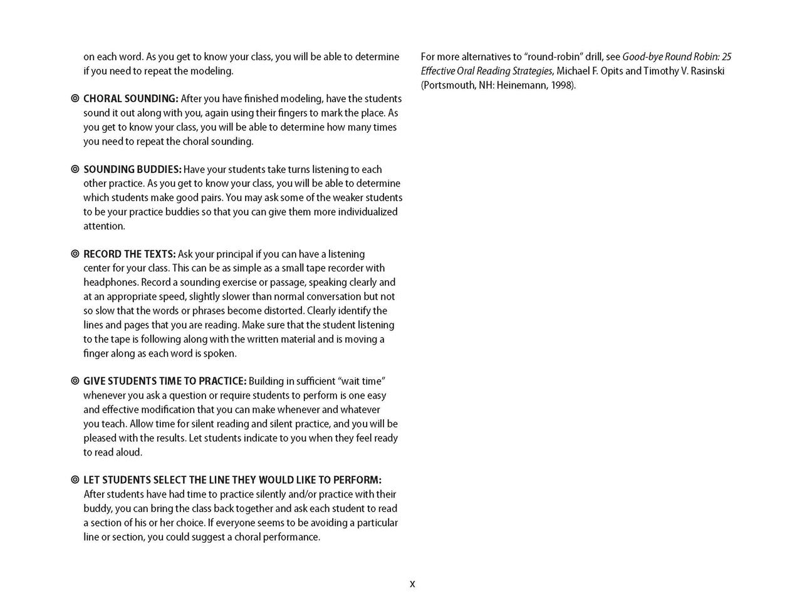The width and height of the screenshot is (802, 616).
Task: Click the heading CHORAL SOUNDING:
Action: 131,99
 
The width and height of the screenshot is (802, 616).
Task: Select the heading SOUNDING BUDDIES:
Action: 132,170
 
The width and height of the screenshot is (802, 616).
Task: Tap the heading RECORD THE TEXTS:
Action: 129,254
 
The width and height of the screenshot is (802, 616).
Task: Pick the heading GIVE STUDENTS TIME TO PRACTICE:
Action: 165,382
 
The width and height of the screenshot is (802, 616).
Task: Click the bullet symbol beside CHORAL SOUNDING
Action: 75,99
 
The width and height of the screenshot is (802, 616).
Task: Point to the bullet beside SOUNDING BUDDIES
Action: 75,170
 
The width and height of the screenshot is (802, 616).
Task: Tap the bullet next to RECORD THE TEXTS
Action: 75,254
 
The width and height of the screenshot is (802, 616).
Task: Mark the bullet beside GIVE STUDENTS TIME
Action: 75,382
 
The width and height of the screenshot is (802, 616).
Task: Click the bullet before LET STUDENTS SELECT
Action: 75,481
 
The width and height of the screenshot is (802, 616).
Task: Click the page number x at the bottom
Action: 412,584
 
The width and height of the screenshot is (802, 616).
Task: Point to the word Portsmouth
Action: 449,86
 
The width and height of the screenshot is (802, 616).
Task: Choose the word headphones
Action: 111,283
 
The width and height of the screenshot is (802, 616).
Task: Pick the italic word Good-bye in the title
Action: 642,57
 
